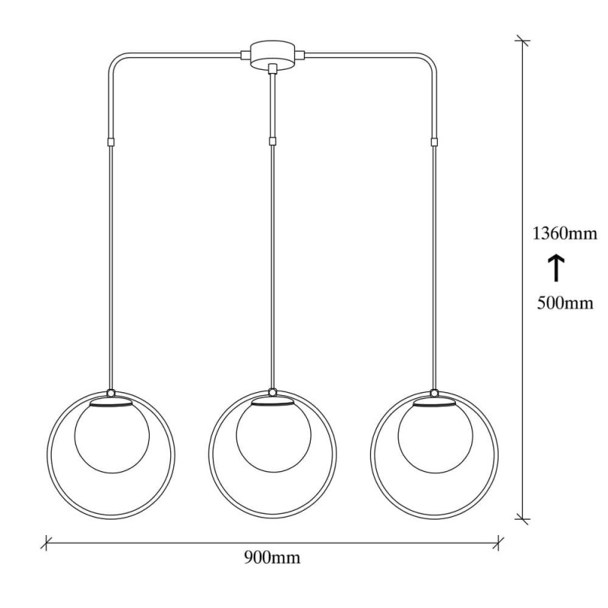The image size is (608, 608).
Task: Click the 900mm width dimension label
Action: click(272, 559)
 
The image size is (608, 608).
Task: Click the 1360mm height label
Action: click(564, 234)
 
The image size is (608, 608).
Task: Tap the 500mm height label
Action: click(564, 303)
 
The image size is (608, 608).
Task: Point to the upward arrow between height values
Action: click(556, 268)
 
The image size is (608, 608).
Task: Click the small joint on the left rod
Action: click(111, 142)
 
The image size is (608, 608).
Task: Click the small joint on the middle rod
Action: click(272, 141)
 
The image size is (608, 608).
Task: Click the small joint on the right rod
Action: click(434, 142)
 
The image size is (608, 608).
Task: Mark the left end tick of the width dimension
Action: click(47, 543)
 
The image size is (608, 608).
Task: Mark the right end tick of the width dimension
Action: click(499, 543)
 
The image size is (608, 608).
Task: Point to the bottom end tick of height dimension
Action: click(521, 518)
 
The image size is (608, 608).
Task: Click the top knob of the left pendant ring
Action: click(111, 393)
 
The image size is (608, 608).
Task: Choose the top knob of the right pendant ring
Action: click(434, 393)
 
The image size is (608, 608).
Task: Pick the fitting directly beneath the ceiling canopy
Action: click(272, 70)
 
